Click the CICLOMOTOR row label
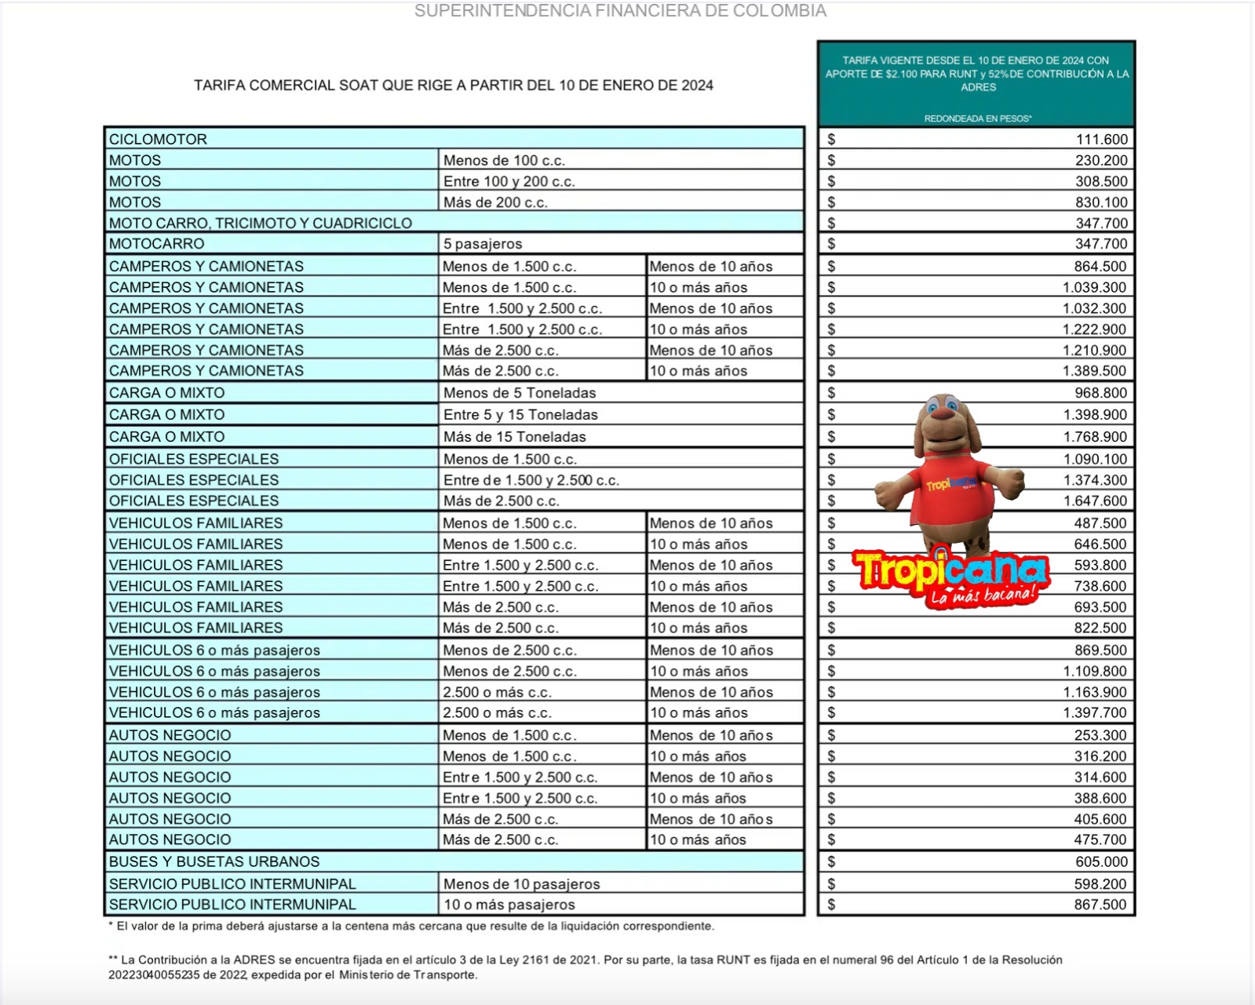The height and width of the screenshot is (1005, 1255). (x=158, y=139)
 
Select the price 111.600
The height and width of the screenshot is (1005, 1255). (x=1101, y=139)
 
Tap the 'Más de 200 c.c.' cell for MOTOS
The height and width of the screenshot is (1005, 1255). (x=495, y=202)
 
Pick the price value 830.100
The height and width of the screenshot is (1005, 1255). (x=1101, y=202)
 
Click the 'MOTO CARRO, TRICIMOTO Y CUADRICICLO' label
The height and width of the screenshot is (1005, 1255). (x=260, y=223)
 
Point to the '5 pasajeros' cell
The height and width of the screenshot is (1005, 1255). (x=483, y=244)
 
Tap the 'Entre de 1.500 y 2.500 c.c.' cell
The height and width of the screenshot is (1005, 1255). (x=531, y=480)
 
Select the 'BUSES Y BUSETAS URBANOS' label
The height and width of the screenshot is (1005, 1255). (x=214, y=861)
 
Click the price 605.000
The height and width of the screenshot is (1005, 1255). (x=1101, y=861)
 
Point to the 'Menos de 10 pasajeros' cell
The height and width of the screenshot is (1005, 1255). (x=521, y=884)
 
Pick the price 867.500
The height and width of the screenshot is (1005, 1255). (x=1101, y=905)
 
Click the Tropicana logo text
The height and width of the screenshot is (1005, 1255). (x=950, y=570)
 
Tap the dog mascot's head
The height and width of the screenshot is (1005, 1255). (x=945, y=424)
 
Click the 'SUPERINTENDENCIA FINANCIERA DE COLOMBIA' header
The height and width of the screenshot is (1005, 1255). (x=620, y=11)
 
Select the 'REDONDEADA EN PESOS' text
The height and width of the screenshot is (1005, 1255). (x=977, y=118)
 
